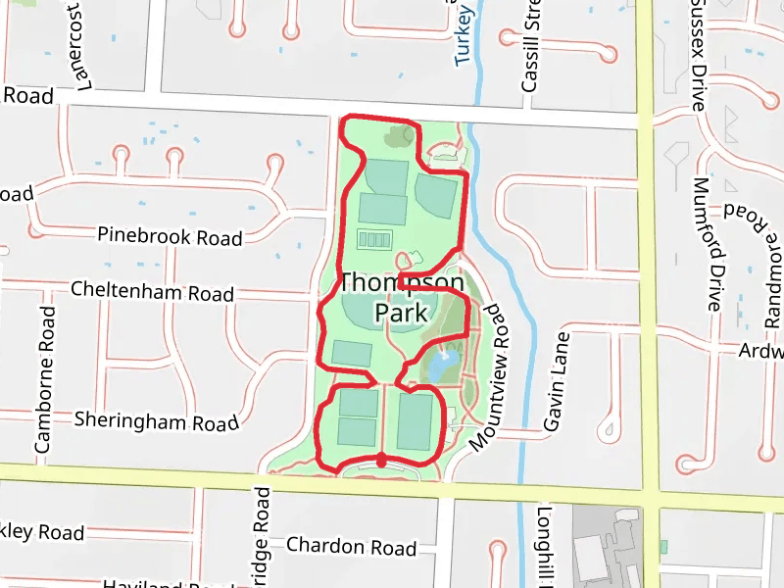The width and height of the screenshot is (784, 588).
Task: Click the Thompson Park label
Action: tap(401, 298)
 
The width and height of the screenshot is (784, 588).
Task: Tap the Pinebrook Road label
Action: tap(170, 236)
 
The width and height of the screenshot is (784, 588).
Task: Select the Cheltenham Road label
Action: tap(153, 292)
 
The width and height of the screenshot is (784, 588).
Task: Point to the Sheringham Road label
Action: tap(157, 421)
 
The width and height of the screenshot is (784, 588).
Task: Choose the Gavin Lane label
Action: tap(556, 381)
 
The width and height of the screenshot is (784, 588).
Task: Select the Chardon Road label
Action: tap(351, 547)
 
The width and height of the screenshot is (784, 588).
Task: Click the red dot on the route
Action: tap(381, 460)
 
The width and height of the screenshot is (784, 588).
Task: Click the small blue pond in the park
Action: tap(441, 367)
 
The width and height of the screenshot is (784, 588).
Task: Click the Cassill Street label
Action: tap(530, 54)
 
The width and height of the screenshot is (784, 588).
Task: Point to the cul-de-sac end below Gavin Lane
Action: tap(610, 428)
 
